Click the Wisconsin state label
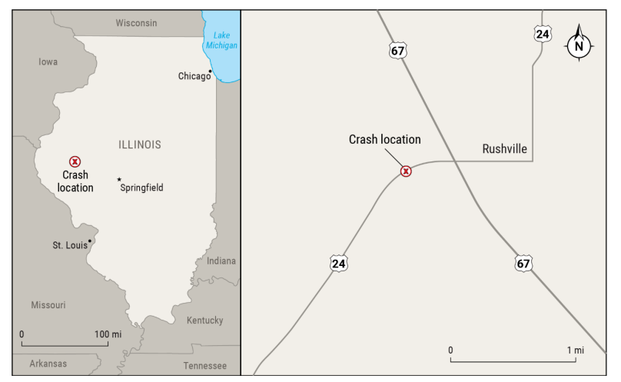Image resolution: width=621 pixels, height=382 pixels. point(136,23)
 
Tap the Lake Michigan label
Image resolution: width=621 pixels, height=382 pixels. point(221,40)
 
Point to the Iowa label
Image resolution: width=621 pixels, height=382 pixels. point(48,61)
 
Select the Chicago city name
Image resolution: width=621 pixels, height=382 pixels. point(194,76)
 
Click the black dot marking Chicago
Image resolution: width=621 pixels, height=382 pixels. point(210,71)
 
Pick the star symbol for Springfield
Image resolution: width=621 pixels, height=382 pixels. point(119,180)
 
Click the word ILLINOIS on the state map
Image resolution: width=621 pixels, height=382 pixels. point(140,144)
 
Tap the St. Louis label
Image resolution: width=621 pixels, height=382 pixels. point(70,245)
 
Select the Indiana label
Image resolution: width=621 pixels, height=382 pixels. point(221,261)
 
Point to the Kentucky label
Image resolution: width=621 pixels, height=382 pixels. point(204,321)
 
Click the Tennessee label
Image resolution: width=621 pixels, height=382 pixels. point(205,366)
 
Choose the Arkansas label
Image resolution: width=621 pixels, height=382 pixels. point(48,364)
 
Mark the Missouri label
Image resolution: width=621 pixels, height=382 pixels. point(48,305)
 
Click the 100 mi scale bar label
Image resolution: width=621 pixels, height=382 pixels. point(107,334)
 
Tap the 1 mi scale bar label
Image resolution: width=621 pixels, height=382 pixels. point(576,350)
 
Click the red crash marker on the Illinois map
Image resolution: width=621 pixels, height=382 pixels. point(75,161)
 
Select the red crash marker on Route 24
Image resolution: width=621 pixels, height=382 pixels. point(406,171)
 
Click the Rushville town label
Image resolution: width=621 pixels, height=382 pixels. point(505,149)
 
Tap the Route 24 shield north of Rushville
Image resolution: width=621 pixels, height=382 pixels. point(542,34)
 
